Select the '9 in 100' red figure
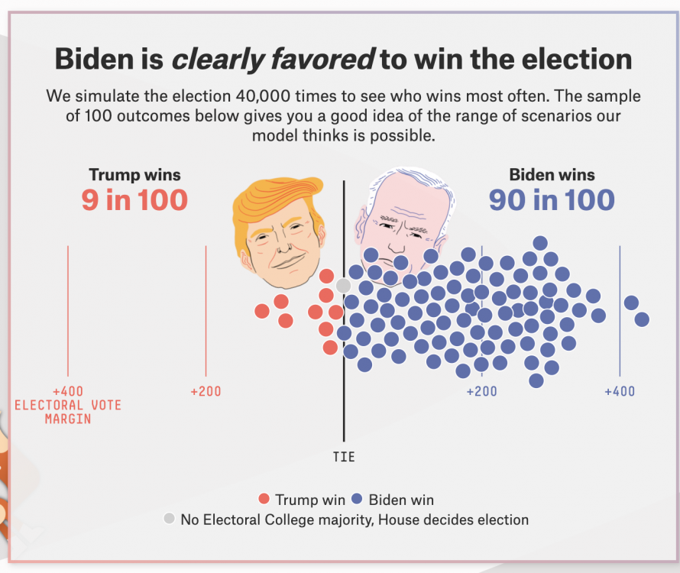134,200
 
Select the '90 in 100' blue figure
552,200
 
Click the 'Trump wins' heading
134,174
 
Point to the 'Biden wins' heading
552,174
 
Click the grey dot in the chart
344,286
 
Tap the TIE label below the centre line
344,457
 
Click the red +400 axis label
68,391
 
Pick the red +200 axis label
206,391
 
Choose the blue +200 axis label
481,391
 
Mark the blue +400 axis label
620,391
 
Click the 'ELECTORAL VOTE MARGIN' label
68,412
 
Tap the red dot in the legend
264,500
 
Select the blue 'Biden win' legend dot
357,500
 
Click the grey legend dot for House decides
169,520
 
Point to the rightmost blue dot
642,319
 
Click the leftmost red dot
262,311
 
